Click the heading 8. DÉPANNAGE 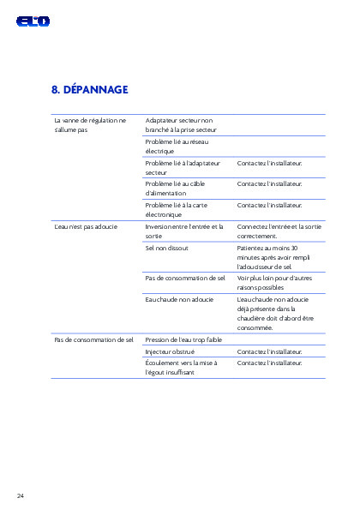tap(89, 89)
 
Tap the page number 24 tap(20, 495)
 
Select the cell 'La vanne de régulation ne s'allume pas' tap(89, 125)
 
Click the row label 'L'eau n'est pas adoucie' tap(85, 226)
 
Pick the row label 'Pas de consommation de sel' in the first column tap(93, 339)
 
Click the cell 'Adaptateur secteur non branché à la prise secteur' tap(180, 125)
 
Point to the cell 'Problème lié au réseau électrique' tap(177, 146)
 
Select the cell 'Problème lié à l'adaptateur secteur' tap(183, 167)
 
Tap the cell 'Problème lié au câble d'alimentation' tap(176, 188)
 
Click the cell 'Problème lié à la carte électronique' tap(176, 209)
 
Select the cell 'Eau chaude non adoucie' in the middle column tap(179, 299)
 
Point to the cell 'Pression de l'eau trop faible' tap(183, 339)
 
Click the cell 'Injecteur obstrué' tap(170, 351)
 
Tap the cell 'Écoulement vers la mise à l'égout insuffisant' tap(182, 368)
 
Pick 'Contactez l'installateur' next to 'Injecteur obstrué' tap(269, 351)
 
